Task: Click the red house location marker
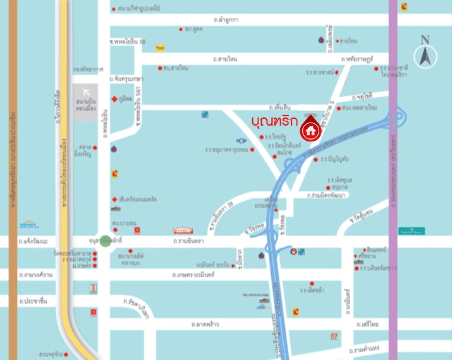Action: coord(310,130)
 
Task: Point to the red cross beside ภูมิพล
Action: coord(114,99)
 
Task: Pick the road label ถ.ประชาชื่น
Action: coord(34,302)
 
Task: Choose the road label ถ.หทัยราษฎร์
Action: coord(358,59)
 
